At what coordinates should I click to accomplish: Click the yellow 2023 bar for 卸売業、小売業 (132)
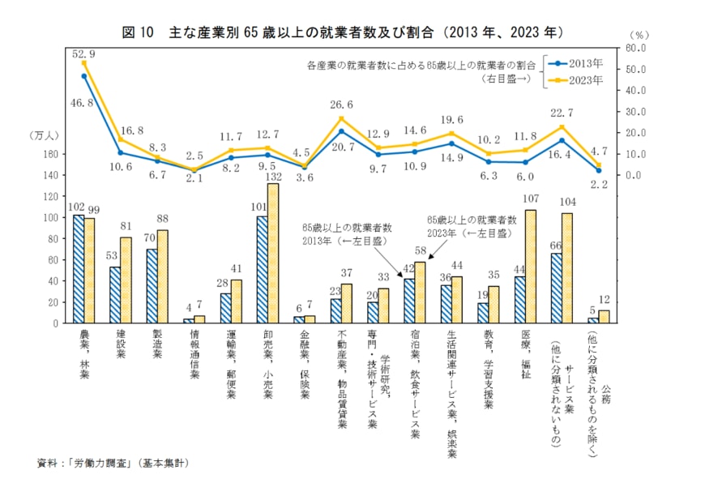click(273, 254)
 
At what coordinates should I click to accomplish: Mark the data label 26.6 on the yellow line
click(341, 105)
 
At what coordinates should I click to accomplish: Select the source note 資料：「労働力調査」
click(113, 464)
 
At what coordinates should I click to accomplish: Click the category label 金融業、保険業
click(303, 365)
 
